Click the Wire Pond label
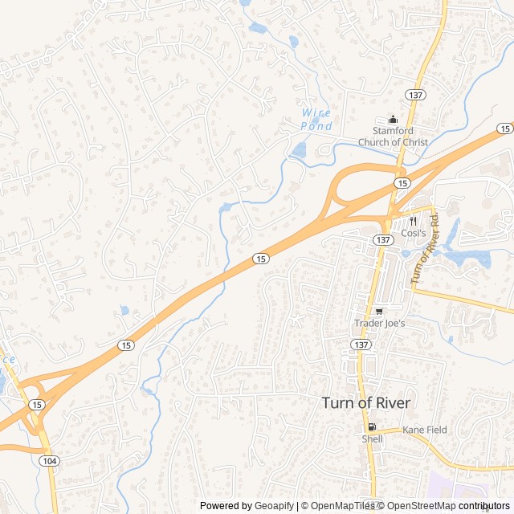pyautogui.click(x=316, y=120)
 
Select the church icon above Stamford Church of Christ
pyautogui.click(x=393, y=120)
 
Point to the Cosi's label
pyautogui.click(x=413, y=232)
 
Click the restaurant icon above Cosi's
pyautogui.click(x=413, y=219)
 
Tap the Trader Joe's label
pyautogui.click(x=380, y=324)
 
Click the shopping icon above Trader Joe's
pyautogui.click(x=379, y=311)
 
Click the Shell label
pyautogui.click(x=372, y=439)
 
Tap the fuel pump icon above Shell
pyautogui.click(x=371, y=426)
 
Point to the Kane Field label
pyautogui.click(x=425, y=430)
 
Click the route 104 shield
pyautogui.click(x=50, y=460)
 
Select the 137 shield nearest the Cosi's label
pyautogui.click(x=383, y=240)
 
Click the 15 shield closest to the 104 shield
pyautogui.click(x=37, y=405)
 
